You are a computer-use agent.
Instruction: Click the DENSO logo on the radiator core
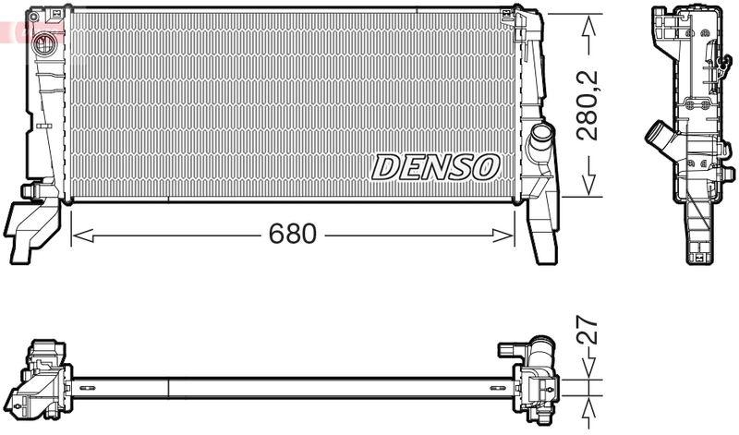coord(436,167)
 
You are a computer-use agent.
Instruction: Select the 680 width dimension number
coord(292,235)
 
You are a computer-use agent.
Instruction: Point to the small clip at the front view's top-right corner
coord(506,15)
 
